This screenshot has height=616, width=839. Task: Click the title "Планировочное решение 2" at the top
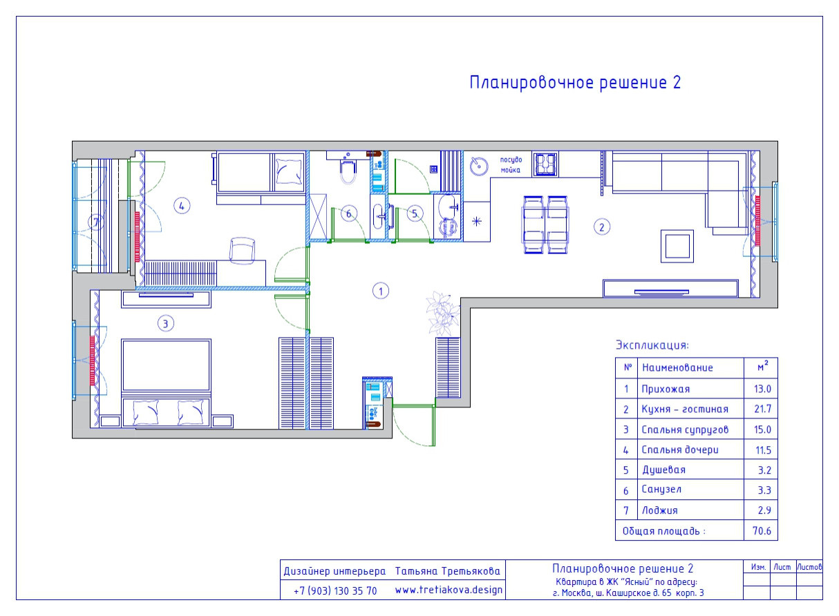pyautogui.click(x=575, y=83)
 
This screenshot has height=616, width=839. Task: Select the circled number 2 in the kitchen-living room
pyautogui.click(x=602, y=226)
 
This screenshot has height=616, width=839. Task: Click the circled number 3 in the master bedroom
pyautogui.click(x=164, y=322)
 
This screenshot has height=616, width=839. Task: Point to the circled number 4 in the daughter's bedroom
pyautogui.click(x=181, y=205)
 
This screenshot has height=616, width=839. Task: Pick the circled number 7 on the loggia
pyautogui.click(x=96, y=222)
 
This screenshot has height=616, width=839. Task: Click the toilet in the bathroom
pyautogui.click(x=348, y=170)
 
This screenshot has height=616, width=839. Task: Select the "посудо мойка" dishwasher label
pyautogui.click(x=511, y=164)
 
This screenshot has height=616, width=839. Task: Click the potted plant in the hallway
pyautogui.click(x=442, y=313)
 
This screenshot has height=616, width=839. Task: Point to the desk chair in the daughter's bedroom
pyautogui.click(x=242, y=250)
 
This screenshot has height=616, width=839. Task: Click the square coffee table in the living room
pyautogui.click(x=677, y=246)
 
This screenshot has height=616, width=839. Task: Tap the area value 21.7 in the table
pyautogui.click(x=762, y=409)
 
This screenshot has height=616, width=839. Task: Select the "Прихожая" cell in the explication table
pyautogui.click(x=665, y=389)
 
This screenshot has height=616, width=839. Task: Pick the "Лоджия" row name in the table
pyautogui.click(x=659, y=510)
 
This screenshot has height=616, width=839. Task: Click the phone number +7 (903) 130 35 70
pyautogui.click(x=335, y=591)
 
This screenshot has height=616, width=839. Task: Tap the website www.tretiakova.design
pyautogui.click(x=449, y=590)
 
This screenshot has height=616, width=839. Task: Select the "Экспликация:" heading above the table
pyautogui.click(x=652, y=345)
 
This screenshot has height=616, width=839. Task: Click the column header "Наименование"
pyautogui.click(x=677, y=368)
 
